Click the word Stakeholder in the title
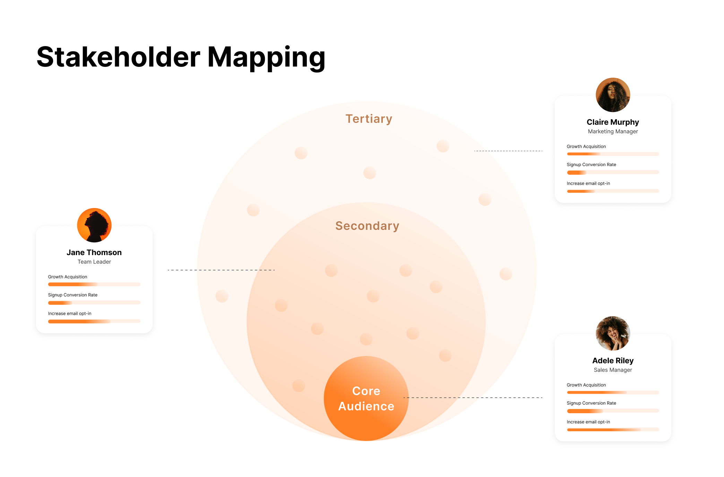click(118, 57)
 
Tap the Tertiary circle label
click(369, 119)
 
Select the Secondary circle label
click(367, 226)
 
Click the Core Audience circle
click(366, 399)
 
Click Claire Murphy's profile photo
click(613, 95)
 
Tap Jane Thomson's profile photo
click(94, 225)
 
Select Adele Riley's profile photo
click(613, 333)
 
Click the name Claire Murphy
click(613, 122)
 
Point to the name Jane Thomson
click(94, 252)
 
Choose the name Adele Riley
click(613, 361)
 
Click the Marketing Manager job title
click(613, 131)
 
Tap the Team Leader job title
click(94, 262)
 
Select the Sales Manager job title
click(613, 370)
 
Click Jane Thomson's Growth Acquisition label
click(68, 277)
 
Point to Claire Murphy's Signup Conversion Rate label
click(591, 165)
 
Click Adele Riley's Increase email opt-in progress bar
click(613, 430)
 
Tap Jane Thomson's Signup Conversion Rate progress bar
click(94, 303)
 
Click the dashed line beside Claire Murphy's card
click(508, 151)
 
